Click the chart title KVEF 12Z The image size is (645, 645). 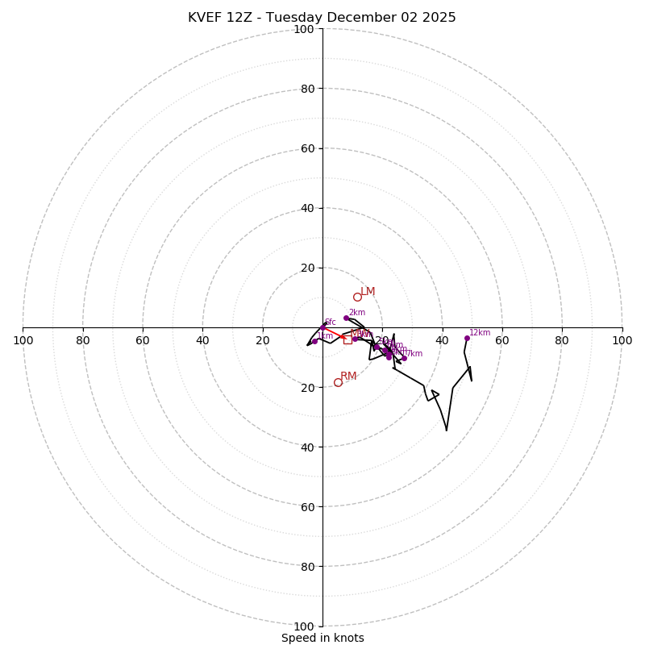click(322, 18)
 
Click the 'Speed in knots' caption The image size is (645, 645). click(322, 638)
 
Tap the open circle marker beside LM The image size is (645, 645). click(357, 297)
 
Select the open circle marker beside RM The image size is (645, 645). click(338, 382)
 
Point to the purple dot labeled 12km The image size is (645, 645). click(467, 338)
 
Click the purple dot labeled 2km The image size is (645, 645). click(347, 318)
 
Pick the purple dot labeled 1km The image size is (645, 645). click(314, 342)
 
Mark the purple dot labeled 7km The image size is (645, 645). click(404, 358)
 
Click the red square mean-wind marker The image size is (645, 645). click(347, 339)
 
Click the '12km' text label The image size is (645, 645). click(480, 332)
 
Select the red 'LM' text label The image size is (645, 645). click(368, 292)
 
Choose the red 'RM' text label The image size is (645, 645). click(348, 377)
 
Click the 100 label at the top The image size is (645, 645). click(304, 29)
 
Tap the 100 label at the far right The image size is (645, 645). click(622, 340)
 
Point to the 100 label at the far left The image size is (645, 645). click(23, 340)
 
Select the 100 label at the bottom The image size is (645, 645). click(304, 626)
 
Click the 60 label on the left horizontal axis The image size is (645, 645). click(143, 340)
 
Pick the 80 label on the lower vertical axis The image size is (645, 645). click(307, 566)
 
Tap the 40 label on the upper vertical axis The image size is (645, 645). click(307, 208)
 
